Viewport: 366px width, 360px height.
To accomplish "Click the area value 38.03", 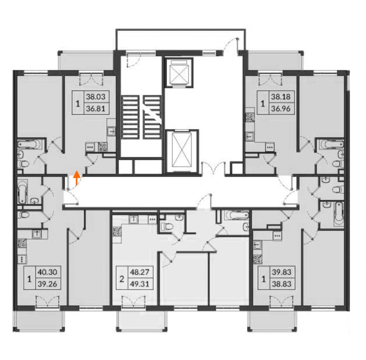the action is pyautogui.click(x=96, y=97).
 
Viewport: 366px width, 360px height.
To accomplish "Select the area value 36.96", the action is pyautogui.click(x=281, y=109).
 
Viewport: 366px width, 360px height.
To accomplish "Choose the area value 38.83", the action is pyautogui.click(x=281, y=284).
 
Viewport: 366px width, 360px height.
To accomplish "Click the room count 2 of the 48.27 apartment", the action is pyautogui.click(x=121, y=279).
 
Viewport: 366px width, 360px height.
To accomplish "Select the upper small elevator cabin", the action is pyautogui.click(x=179, y=72).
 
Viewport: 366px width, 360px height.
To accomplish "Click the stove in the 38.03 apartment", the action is pyautogui.click(x=103, y=147).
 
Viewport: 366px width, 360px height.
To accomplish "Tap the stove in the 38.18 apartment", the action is pyautogui.click(x=250, y=117).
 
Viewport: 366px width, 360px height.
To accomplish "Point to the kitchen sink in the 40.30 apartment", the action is pyautogui.click(x=37, y=234).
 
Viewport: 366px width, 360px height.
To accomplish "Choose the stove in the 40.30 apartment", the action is pyautogui.click(x=22, y=243).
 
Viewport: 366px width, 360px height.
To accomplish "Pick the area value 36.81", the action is pyautogui.click(x=96, y=109).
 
